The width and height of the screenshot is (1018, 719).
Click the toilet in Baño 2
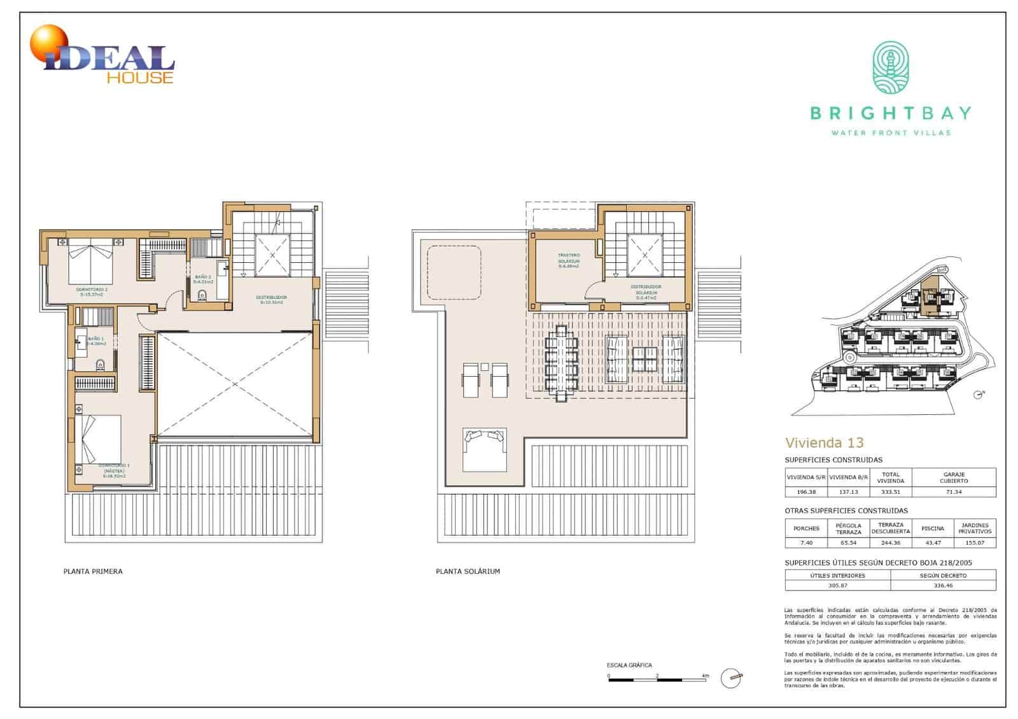(203, 295)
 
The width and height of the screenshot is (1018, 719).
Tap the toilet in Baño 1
(100, 365)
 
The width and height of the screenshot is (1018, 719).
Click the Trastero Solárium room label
(568, 261)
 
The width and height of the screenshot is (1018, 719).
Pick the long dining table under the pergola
(561, 363)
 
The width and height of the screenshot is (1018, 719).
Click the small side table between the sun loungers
(484, 366)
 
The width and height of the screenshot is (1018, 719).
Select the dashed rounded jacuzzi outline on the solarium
(453, 272)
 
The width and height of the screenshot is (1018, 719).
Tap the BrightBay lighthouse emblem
(890, 69)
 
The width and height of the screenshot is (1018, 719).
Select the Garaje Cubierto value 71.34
(954, 492)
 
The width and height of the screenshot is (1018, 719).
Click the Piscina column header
(932, 529)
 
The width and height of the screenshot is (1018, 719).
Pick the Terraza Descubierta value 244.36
(890, 543)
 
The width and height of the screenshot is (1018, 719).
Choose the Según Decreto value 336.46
(943, 585)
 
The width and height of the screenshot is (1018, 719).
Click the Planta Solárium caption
(468, 571)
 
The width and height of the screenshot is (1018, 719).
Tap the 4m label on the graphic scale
(704, 676)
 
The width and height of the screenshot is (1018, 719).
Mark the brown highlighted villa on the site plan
(930, 297)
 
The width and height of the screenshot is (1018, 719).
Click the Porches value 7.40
(806, 543)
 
